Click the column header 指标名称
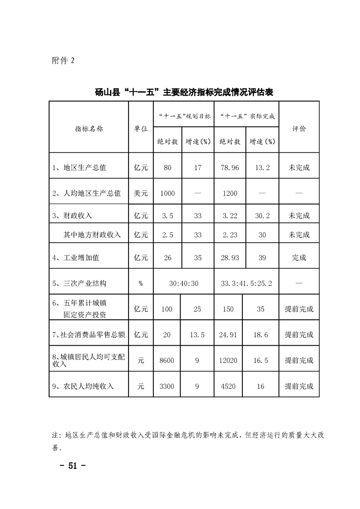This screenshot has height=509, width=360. coord(89,128)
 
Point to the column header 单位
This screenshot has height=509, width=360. coord(141,128)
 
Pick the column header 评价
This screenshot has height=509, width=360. coord(299,128)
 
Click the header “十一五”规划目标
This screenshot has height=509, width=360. coord(183,116)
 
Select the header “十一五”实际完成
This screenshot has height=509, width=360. coord(246,116)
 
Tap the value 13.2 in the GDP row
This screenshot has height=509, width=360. coord(262,167)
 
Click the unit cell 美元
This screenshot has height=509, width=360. coord(141,193)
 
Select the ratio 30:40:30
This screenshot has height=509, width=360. coord(183,283)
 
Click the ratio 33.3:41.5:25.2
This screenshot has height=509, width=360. coord(246,283)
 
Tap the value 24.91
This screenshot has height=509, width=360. coord(228,335)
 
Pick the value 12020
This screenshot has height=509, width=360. coord(228,361)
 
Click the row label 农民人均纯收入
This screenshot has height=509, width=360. coord(83,386)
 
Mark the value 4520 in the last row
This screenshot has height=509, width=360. coord(228,386)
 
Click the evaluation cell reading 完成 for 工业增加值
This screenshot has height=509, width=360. coord(299,258)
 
